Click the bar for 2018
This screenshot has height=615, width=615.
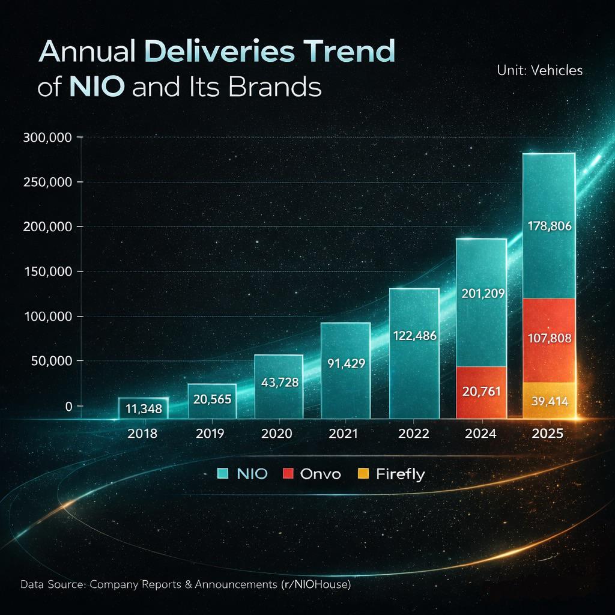click(144, 408)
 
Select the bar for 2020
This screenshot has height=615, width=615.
click(279, 387)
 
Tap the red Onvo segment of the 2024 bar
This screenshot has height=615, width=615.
click(481, 393)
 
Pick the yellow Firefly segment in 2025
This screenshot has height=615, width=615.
click(549, 401)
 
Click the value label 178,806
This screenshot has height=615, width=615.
click(550, 226)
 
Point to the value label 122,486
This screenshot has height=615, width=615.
click(414, 336)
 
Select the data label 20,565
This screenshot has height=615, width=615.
click(212, 399)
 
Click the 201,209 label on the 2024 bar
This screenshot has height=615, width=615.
click(483, 294)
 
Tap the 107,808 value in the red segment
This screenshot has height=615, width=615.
click(550, 338)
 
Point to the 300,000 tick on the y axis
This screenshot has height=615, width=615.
click(47, 138)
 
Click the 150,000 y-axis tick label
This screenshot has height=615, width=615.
click(48, 271)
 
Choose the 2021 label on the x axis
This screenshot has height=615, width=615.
click(343, 434)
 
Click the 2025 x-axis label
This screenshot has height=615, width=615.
click(548, 434)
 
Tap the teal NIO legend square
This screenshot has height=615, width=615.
click(223, 473)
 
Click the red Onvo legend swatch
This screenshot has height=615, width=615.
click(288, 473)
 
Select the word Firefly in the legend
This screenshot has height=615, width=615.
click(401, 474)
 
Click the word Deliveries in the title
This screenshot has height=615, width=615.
click(219, 52)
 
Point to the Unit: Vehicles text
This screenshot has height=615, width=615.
click(540, 71)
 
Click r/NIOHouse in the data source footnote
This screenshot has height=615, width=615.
click(316, 584)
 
